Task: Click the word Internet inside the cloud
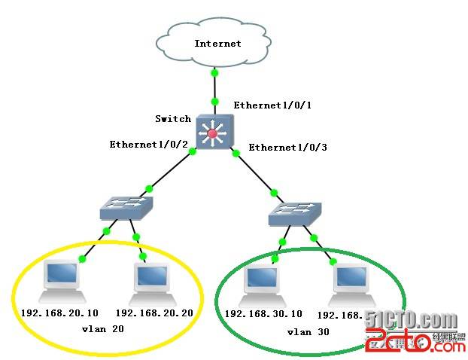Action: pyautogui.click(x=217, y=43)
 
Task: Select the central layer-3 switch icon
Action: pyautogui.click(x=214, y=133)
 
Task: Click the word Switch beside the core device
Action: pyautogui.click(x=173, y=119)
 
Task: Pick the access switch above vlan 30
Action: pyautogui.click(x=296, y=215)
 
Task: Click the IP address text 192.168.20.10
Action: pyautogui.click(x=61, y=313)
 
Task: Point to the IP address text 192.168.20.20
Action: pyautogui.click(x=154, y=313)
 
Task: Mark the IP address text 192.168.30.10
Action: pyautogui.click(x=263, y=313)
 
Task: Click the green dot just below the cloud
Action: pyautogui.click(x=214, y=73)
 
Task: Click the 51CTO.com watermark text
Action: pyautogui.click(x=412, y=320)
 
